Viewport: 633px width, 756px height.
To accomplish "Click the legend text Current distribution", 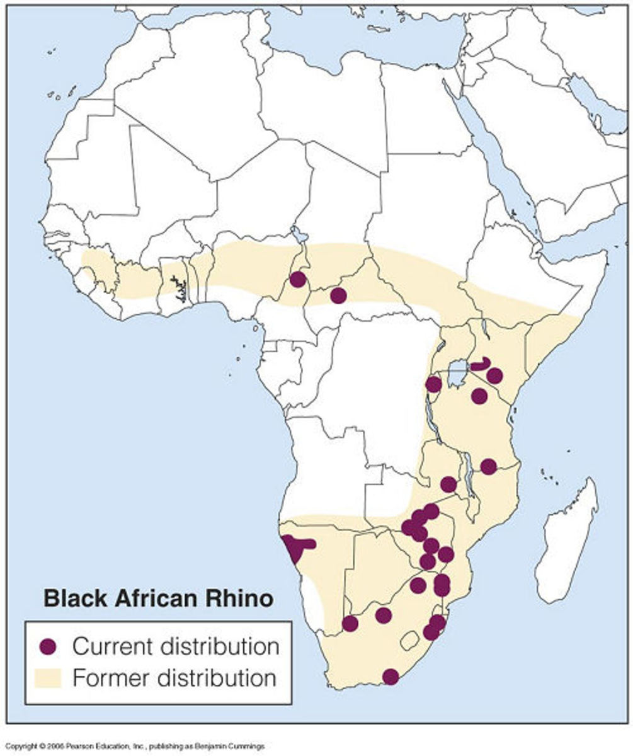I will (175, 646).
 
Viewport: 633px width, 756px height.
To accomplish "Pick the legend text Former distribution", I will (174, 679).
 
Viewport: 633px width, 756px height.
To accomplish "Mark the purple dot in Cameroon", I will (298, 279).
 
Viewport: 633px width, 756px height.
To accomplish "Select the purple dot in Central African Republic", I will (338, 295).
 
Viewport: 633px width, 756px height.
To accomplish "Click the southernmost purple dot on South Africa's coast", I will (391, 677).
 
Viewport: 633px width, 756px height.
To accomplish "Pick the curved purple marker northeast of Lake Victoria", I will (482, 365).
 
